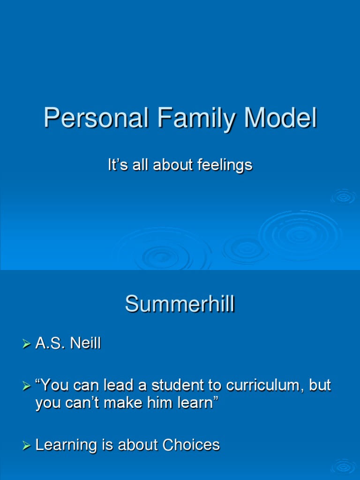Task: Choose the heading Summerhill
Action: [x=180, y=305]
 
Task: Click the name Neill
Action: [x=85, y=344]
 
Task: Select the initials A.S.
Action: [x=51, y=344]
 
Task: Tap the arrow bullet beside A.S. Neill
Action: [x=26, y=345]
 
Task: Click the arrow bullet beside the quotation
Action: [x=26, y=386]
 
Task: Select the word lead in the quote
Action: [x=118, y=385]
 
